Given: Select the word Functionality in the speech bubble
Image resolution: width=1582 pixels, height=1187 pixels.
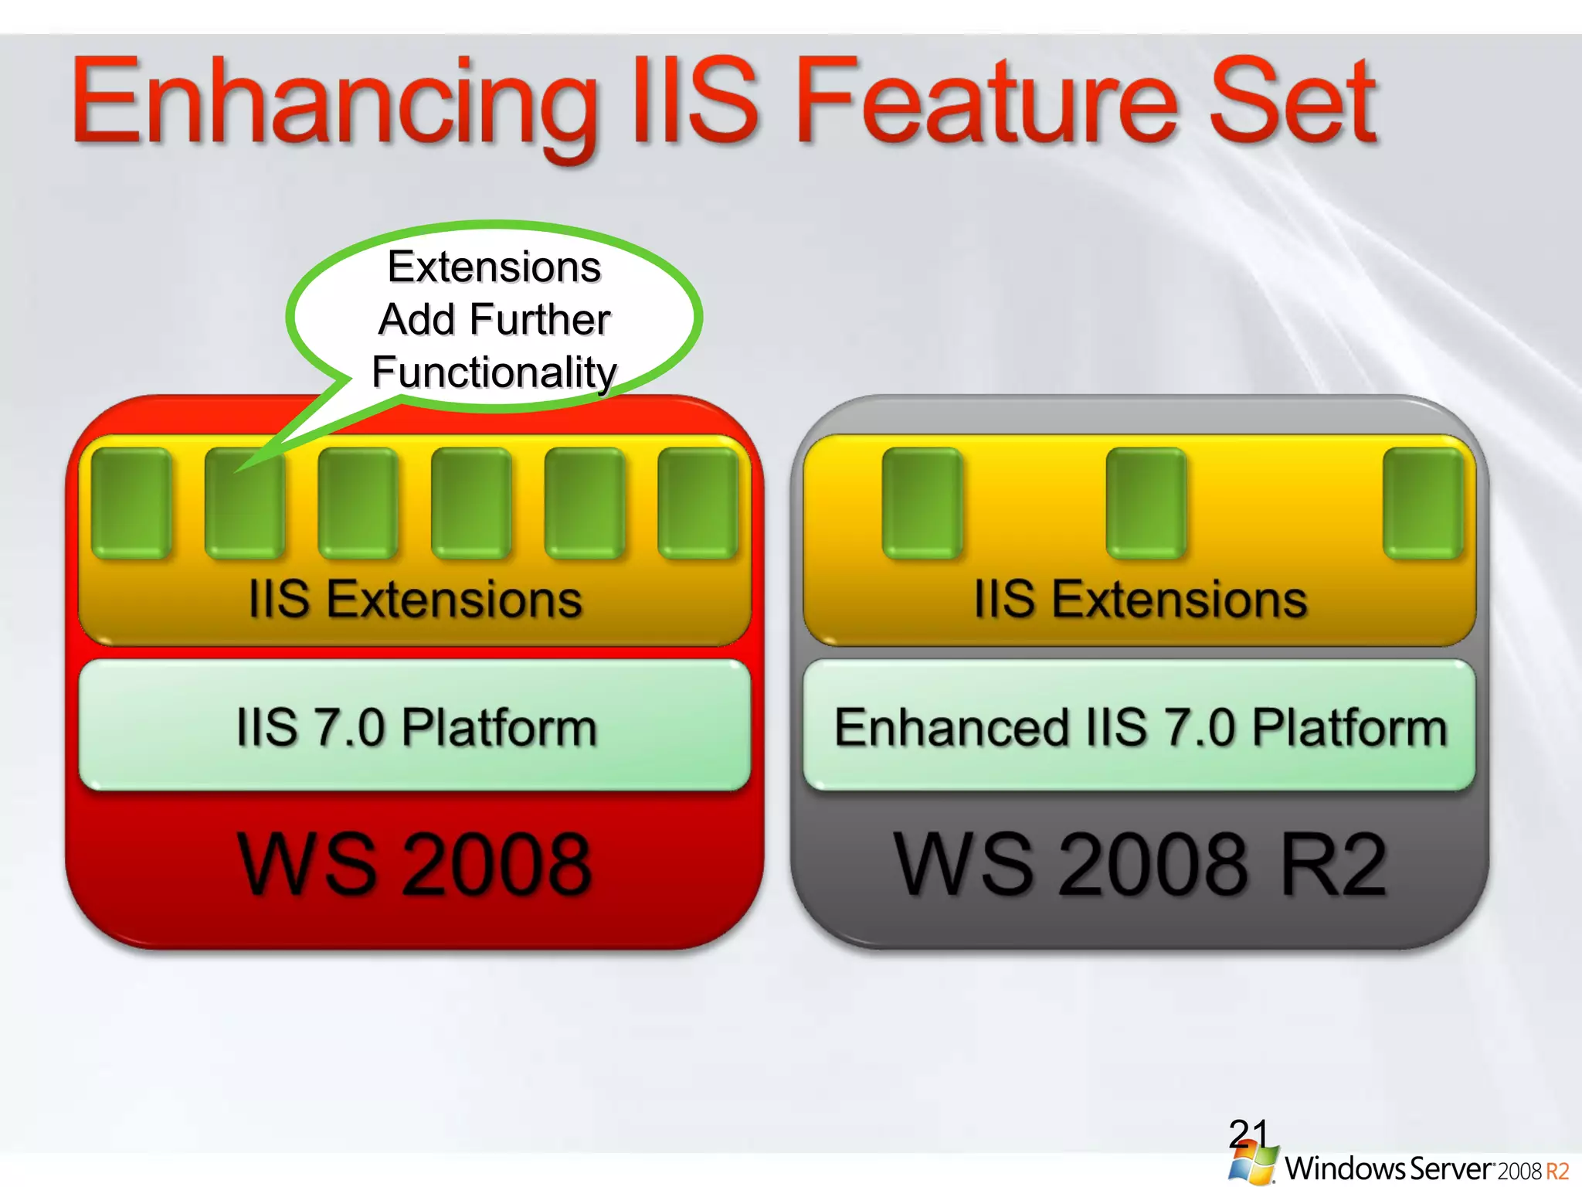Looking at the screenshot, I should click(494, 372).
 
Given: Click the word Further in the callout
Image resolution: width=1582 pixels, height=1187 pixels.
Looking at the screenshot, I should click(540, 319).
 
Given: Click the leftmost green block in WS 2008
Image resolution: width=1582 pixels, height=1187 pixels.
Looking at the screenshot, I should click(131, 502).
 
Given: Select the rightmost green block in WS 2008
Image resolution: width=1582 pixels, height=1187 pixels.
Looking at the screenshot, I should click(698, 502).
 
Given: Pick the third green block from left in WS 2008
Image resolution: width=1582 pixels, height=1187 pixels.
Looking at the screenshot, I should click(358, 502).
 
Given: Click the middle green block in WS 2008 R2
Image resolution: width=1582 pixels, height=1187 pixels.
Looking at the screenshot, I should click(1146, 502).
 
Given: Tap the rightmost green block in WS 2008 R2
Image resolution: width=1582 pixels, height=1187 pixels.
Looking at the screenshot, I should click(1423, 502).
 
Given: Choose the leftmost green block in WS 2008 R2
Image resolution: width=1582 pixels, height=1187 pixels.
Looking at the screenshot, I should click(922, 502).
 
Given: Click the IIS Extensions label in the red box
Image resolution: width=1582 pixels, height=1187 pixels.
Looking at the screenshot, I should click(415, 600).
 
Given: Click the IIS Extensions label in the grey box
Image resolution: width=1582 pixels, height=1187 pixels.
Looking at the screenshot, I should click(1140, 600).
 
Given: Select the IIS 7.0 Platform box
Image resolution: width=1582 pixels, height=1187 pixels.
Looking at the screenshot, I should click(415, 726).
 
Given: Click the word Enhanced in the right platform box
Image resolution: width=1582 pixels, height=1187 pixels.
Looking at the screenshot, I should click(951, 728).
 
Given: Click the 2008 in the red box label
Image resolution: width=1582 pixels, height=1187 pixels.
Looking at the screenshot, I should click(497, 866).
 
